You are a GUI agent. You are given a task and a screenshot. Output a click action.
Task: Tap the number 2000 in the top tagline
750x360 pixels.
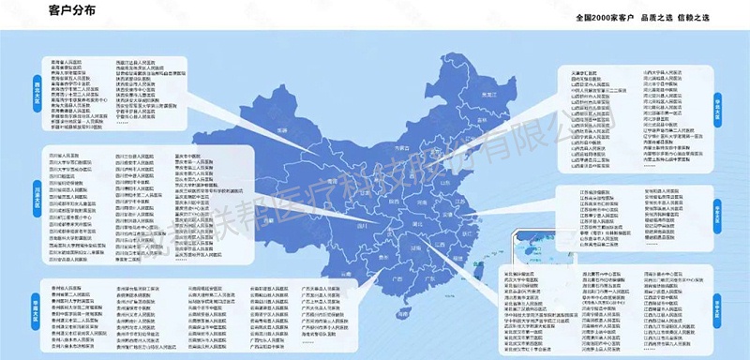(x=615, y=17)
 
